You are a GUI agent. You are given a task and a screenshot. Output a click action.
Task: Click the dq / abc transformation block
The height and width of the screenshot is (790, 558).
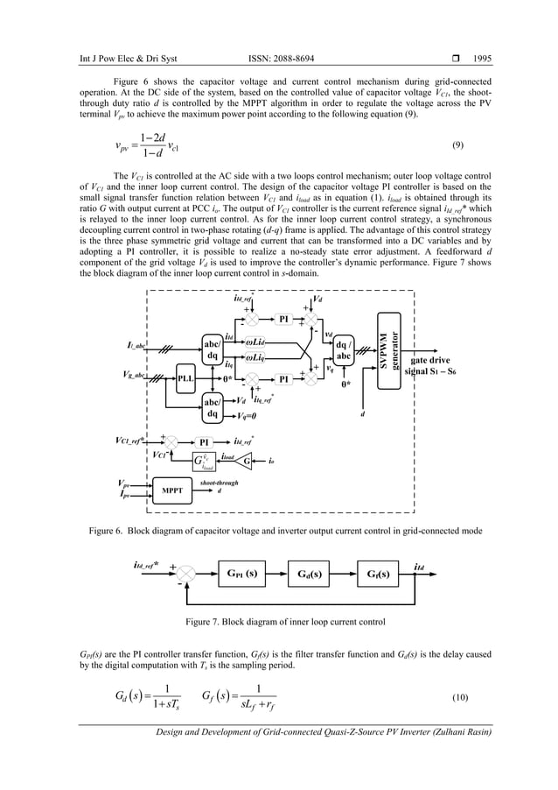pyautogui.click(x=344, y=350)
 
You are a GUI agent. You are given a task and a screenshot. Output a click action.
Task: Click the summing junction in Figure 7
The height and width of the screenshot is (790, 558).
pyautogui.click(x=185, y=575)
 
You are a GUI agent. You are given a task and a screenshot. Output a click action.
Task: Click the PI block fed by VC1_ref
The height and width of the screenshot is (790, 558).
pyautogui.click(x=204, y=441)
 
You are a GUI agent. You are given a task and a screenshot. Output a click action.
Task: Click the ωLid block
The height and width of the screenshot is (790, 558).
pyautogui.click(x=256, y=341)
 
